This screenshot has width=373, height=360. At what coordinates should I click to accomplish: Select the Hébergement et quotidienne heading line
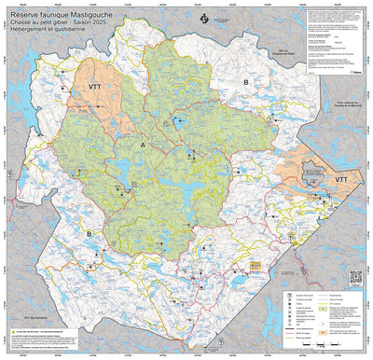click(x=48, y=31)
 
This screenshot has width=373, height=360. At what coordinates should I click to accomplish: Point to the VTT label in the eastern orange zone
click(x=341, y=177)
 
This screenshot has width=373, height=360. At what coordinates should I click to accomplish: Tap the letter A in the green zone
click(x=143, y=146)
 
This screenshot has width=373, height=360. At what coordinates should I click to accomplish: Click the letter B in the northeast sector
click(x=245, y=84)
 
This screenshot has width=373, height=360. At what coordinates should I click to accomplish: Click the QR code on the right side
click(x=354, y=277)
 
